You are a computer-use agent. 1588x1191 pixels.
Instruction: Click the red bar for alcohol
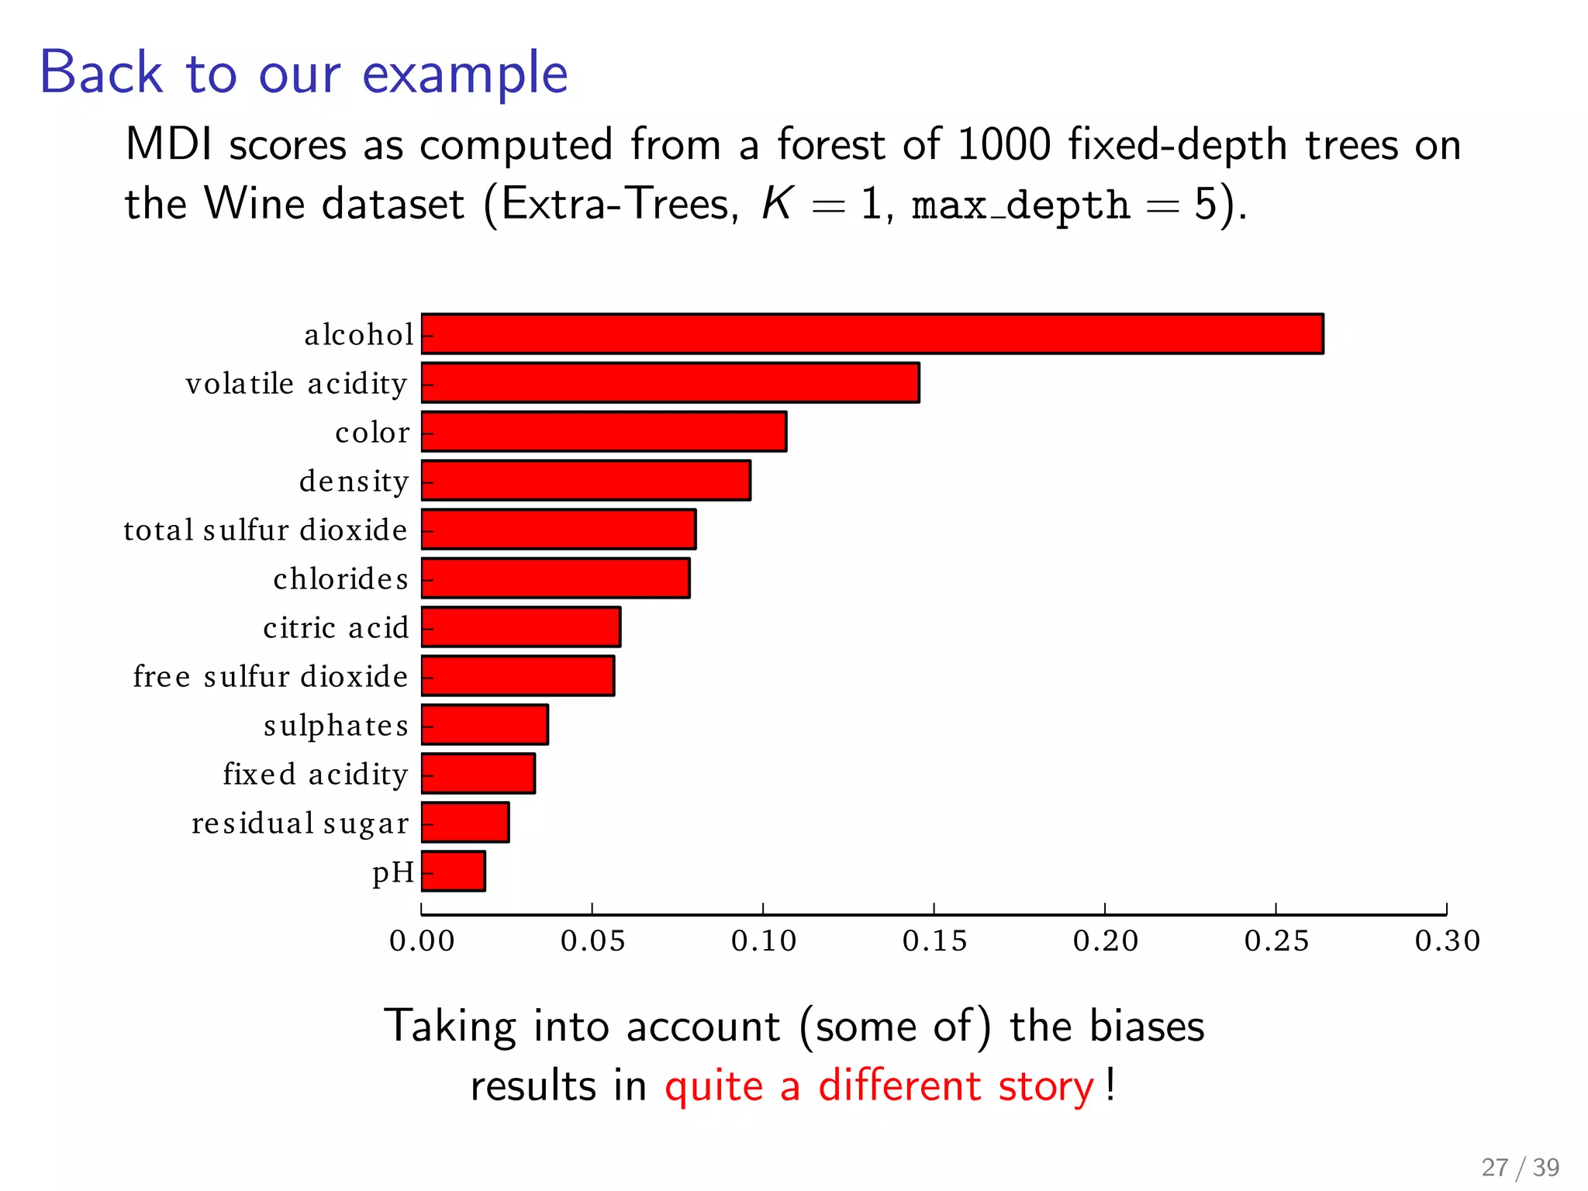872,334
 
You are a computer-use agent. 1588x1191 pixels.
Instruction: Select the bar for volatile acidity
671,383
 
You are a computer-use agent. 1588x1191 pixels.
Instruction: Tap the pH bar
454,872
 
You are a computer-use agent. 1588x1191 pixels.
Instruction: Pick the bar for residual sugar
465,823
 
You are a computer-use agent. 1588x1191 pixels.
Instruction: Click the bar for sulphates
485,725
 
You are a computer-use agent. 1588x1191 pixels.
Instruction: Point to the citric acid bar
521,627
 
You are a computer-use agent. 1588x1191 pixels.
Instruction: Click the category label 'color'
372,433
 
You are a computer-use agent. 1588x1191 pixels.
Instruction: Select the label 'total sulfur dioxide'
265,530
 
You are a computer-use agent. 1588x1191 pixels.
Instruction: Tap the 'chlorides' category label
340,579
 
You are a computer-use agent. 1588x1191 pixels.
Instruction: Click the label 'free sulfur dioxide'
270,677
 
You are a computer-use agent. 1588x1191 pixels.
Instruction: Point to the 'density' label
354,482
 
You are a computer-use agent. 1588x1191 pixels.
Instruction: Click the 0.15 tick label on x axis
934,941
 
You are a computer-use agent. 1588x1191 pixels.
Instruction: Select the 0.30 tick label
1447,941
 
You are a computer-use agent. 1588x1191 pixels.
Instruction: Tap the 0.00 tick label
422,941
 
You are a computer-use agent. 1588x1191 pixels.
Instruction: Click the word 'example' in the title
465,74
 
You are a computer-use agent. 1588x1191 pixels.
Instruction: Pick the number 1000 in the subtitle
1004,145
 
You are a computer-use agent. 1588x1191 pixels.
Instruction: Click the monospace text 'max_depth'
1020,205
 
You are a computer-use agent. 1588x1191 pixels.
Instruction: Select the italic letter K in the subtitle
776,204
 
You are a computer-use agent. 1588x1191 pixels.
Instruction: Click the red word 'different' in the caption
899,1086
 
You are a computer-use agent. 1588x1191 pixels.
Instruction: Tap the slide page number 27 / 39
1520,1167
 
